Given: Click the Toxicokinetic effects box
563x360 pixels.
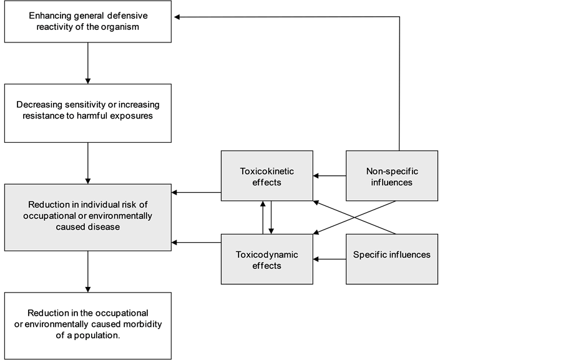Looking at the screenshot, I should pyautogui.click(x=267, y=176).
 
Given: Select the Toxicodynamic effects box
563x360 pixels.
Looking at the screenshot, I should pyautogui.click(x=267, y=259).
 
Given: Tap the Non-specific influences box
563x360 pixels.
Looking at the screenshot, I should pyautogui.click(x=391, y=176).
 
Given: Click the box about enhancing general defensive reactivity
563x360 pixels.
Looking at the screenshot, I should pyautogui.click(x=87, y=21).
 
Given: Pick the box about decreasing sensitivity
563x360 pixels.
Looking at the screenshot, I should pyautogui.click(x=87, y=113).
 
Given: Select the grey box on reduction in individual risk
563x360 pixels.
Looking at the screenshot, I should pyautogui.click(x=87, y=217).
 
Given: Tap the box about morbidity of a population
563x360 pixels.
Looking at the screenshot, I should pyautogui.click(x=87, y=324).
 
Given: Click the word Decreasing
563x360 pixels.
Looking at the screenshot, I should pyautogui.click(x=41, y=104).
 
